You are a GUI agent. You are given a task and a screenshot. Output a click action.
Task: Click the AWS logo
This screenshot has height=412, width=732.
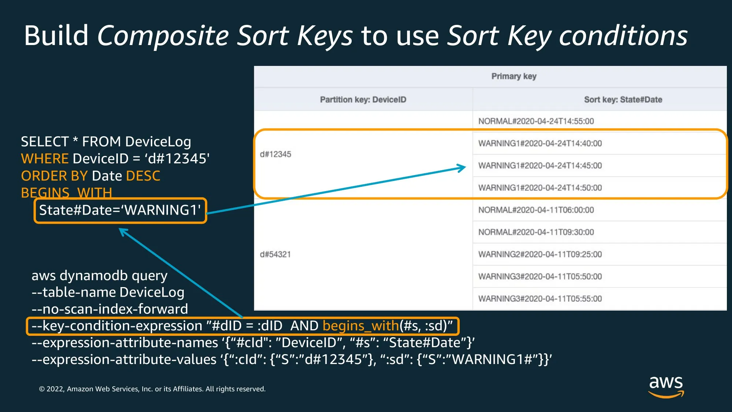point(666,387)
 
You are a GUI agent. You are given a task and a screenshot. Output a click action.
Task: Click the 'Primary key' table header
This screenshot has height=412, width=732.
point(514,76)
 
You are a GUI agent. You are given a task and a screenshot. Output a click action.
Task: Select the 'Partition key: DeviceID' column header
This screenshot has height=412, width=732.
point(363,100)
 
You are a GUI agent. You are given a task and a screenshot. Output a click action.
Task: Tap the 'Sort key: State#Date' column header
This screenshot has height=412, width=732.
point(623,100)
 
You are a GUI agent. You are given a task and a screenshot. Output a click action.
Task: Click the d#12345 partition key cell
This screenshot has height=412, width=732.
point(276,154)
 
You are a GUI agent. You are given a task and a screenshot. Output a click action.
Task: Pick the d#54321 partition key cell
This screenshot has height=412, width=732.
point(275,254)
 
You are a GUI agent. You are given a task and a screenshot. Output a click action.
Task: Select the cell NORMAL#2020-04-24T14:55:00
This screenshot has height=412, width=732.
point(536,121)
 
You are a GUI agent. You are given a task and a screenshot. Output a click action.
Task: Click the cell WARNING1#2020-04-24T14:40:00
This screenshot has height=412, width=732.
point(540,144)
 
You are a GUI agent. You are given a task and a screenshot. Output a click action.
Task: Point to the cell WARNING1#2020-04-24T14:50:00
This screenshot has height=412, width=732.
point(540,188)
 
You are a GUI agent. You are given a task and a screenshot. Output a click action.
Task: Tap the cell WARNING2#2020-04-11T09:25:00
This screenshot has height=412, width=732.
point(540,254)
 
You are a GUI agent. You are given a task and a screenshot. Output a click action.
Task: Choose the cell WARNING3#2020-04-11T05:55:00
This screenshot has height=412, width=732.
point(540,299)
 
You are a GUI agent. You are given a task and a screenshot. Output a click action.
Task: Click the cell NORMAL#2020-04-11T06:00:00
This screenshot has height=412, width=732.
point(536,210)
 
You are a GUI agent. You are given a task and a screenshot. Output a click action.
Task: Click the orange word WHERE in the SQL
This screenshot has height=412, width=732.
point(45,159)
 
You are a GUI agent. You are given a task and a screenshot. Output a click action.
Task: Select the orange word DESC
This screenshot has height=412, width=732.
point(143,176)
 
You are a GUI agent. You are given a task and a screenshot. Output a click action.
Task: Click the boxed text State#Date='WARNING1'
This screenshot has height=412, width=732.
point(120,210)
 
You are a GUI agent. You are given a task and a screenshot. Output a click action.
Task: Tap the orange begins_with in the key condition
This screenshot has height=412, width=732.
point(361,326)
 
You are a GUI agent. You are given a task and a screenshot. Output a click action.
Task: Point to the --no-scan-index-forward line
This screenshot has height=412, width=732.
point(110,309)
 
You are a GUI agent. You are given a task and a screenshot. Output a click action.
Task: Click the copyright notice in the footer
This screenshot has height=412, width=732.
point(152,389)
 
